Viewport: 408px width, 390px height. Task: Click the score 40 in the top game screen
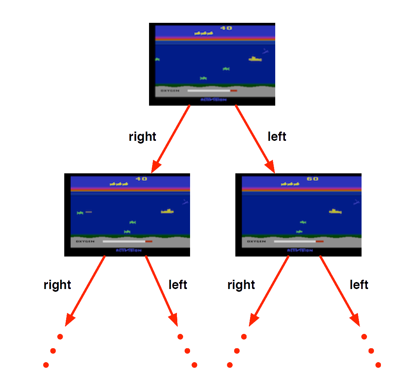coord(226,28)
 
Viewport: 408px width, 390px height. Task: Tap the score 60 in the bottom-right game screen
coord(312,179)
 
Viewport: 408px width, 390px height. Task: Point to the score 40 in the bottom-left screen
coord(141,179)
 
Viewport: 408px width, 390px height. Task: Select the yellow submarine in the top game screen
coord(255,59)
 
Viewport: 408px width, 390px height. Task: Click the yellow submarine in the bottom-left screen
coord(167,211)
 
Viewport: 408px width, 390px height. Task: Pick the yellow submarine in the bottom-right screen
coord(335,211)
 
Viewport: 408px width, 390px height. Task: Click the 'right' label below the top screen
coord(142,137)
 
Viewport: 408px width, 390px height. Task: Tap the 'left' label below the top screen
coord(277,137)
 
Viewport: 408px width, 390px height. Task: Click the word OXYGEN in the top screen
coord(170,91)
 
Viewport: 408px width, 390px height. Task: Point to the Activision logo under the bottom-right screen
coord(300,251)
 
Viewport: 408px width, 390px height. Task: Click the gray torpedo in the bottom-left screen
coord(89,212)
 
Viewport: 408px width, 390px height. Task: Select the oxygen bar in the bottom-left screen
coord(127,241)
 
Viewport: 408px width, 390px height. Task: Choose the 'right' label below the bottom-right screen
coord(241,285)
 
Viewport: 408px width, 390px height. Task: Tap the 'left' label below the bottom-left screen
coord(178,285)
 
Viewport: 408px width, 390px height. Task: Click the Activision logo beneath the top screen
coord(213,100)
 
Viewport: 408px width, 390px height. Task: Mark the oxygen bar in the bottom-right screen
coord(298,241)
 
